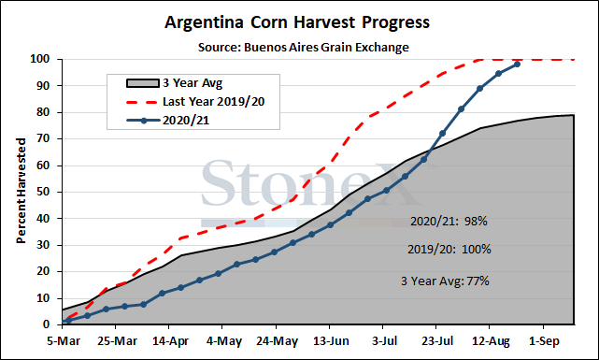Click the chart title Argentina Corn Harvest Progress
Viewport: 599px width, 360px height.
click(297, 22)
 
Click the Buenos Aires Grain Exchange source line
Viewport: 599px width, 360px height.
click(304, 48)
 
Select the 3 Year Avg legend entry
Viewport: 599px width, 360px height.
click(174, 83)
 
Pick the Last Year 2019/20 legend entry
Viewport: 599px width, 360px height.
click(195, 102)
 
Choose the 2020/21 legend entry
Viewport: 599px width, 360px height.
click(167, 121)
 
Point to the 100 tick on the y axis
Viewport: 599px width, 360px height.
click(40, 59)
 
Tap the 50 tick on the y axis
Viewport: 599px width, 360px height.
click(43, 192)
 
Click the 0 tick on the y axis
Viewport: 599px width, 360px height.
click(46, 324)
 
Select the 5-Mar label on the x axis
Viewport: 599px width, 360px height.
click(64, 341)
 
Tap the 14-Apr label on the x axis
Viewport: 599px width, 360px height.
click(170, 341)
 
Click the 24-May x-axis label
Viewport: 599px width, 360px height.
click(277, 341)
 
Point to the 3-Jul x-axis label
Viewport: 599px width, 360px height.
click(384, 341)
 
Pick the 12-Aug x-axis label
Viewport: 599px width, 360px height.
click(491, 341)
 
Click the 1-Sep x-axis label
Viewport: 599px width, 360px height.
click(544, 341)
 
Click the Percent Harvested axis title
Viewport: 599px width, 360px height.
click(21, 191)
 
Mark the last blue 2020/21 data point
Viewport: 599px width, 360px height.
click(518, 65)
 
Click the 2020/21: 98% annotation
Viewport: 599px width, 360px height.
click(449, 222)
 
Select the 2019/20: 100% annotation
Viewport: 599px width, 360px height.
click(449, 249)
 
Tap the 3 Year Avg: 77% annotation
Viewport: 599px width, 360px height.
click(445, 281)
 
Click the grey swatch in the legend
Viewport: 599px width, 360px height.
click(142, 83)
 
